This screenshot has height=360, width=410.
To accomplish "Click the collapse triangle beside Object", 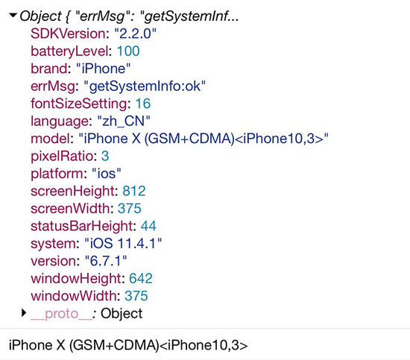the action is click(x=13, y=15).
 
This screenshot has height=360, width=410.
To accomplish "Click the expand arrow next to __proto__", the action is click(x=24, y=313).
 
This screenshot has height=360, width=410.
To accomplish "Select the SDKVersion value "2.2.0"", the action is click(x=135, y=34).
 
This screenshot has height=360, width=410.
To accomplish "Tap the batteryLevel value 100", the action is click(x=128, y=51).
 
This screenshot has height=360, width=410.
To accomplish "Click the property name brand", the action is click(x=49, y=69).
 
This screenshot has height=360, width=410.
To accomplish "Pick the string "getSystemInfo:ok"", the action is click(x=145, y=86).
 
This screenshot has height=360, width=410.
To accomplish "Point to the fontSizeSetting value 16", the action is click(x=143, y=104).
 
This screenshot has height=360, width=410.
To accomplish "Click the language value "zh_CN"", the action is click(x=124, y=121).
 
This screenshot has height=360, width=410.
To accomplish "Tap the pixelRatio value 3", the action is click(x=105, y=156).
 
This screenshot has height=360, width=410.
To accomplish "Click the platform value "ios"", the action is click(x=107, y=174).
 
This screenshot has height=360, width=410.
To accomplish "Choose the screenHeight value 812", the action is click(x=134, y=191).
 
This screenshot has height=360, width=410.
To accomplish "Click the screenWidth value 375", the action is click(x=130, y=209).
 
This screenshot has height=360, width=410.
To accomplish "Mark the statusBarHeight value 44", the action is click(x=148, y=226).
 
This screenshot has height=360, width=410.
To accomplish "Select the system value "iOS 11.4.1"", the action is click(x=123, y=244).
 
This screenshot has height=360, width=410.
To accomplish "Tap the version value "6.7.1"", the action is click(x=106, y=261).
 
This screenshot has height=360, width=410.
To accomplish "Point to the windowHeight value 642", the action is click(x=141, y=279).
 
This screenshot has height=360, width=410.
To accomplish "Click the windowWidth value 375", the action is click(x=136, y=296).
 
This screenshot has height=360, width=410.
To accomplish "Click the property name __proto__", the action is click(x=61, y=314).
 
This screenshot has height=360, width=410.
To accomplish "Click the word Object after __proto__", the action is click(x=122, y=314).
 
